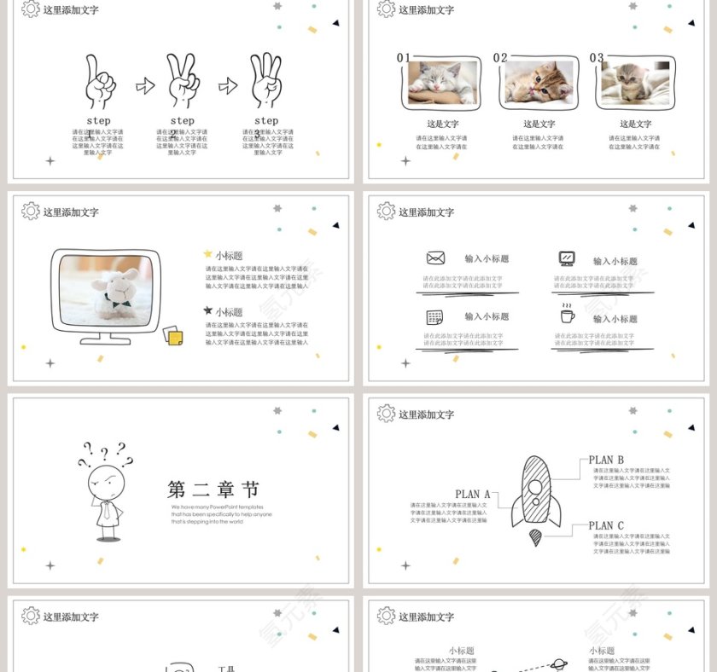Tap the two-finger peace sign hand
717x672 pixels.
coord(182,80)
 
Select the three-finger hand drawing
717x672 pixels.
coord(265,80)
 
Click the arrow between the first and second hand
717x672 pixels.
coord(145,85)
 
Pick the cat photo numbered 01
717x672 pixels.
coord(442,83)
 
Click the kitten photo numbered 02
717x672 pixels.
coord(539,83)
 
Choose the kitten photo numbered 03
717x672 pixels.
coord(635,83)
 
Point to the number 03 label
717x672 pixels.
coord(597,58)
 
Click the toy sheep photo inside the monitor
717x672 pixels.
coord(106,290)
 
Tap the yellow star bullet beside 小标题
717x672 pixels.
coord(208,254)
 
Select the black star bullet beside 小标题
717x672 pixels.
coord(208,311)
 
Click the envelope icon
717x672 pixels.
coord(435,258)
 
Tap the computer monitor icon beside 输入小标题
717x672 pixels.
coord(567,258)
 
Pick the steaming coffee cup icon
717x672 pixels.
coord(567,315)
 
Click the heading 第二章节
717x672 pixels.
coord(213,490)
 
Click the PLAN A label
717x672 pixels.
coord(473,494)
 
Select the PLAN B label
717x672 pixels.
coord(606,460)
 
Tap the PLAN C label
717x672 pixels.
coord(606,526)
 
